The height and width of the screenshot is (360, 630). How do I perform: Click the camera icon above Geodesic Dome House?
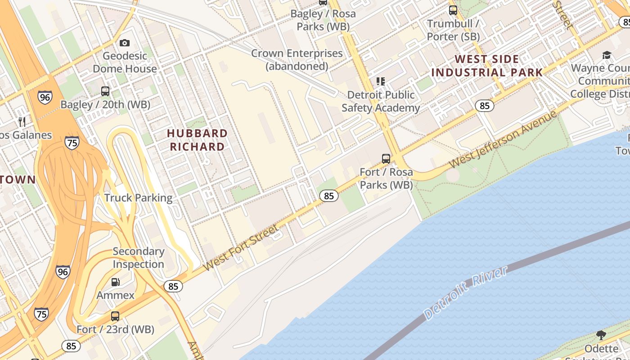(x=125, y=43)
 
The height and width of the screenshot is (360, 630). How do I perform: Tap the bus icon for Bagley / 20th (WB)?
(x=105, y=91)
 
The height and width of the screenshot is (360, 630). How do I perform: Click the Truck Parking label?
(x=138, y=198)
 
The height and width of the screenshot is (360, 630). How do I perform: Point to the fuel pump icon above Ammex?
(x=116, y=282)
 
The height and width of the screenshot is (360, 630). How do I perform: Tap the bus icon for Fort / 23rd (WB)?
(x=115, y=316)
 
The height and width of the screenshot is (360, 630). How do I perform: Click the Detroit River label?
(x=466, y=293)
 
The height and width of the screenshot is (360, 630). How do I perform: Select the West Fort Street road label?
(x=241, y=248)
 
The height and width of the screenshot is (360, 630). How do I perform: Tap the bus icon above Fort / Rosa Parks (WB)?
(x=386, y=158)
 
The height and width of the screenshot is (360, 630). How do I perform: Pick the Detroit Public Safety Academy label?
(x=381, y=101)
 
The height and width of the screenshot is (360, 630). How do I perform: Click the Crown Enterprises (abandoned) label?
(x=297, y=59)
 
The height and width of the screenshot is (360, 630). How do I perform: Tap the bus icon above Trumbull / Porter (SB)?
(x=453, y=10)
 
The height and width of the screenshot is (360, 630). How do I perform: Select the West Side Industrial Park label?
(x=487, y=66)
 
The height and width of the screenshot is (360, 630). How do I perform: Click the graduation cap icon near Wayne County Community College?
(x=607, y=55)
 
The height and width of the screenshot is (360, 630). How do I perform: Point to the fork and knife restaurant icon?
(x=22, y=121)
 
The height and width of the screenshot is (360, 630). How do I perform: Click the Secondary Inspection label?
(x=138, y=258)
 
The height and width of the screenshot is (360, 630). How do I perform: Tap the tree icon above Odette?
(x=601, y=335)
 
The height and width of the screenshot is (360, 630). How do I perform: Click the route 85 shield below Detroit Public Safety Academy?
(x=484, y=106)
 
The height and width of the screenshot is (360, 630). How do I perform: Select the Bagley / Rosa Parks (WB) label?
(x=323, y=20)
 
